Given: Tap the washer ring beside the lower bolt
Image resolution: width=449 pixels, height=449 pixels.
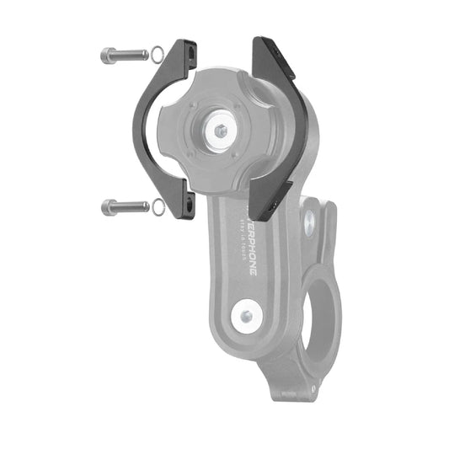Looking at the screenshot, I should point(158,205).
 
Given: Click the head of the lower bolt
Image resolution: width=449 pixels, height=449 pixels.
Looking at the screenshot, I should point(106,206).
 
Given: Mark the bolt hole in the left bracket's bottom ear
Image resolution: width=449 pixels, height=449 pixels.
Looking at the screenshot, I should point(190,206).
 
